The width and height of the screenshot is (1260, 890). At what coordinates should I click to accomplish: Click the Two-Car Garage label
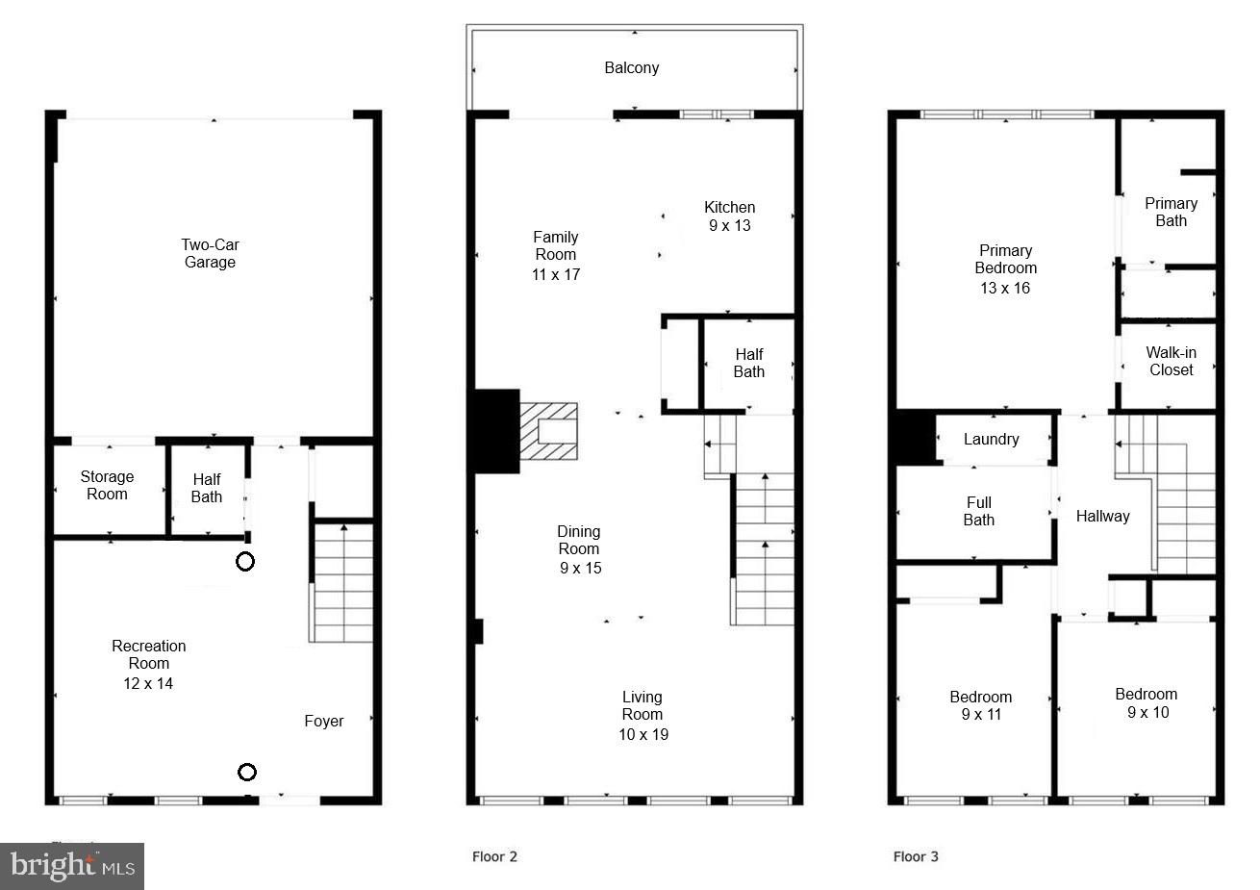point(210,254)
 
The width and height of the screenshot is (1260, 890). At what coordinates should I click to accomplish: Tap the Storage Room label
point(107,485)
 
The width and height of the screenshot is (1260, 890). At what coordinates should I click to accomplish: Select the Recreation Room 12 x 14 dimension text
point(148,684)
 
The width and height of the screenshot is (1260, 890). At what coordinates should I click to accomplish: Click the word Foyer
point(323,721)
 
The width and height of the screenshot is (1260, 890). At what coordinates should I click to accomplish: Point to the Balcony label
point(631,67)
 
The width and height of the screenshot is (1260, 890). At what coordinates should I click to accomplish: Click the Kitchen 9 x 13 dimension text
point(729,226)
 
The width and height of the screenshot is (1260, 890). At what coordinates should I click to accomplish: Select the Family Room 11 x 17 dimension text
point(556,274)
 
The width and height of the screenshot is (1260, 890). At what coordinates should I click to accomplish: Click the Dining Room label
point(579,540)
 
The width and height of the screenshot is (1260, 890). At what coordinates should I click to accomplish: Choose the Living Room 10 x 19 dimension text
point(643,734)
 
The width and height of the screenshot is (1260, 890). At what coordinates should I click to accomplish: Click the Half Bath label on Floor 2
point(748,363)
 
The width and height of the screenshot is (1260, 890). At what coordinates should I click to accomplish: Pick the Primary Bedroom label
point(1005,260)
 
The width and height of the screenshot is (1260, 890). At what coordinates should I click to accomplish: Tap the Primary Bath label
point(1171,212)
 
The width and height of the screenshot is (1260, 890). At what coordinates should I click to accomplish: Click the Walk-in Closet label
point(1171,361)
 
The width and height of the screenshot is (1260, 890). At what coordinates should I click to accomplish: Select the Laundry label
point(991,439)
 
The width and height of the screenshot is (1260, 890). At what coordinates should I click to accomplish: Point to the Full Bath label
point(978,511)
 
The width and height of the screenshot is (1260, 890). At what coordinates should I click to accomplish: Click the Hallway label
point(1102,516)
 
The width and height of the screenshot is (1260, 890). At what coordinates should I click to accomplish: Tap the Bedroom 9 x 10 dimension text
point(1147,713)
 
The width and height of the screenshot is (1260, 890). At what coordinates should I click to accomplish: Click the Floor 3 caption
point(915,856)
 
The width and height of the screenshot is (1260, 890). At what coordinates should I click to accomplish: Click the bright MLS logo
point(73,866)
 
